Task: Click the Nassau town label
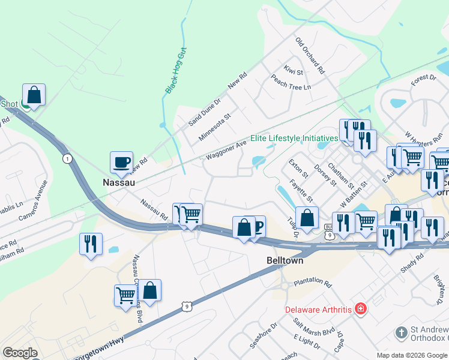118,181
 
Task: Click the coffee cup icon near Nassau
121,161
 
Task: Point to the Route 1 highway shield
67,158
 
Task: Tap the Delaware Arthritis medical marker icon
360,309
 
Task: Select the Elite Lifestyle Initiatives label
292,138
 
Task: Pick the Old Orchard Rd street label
310,56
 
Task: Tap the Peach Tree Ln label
291,82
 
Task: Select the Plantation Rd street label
313,281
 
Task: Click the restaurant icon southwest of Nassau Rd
91,244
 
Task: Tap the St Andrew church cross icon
401,332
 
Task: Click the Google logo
20,353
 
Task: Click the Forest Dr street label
423,78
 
